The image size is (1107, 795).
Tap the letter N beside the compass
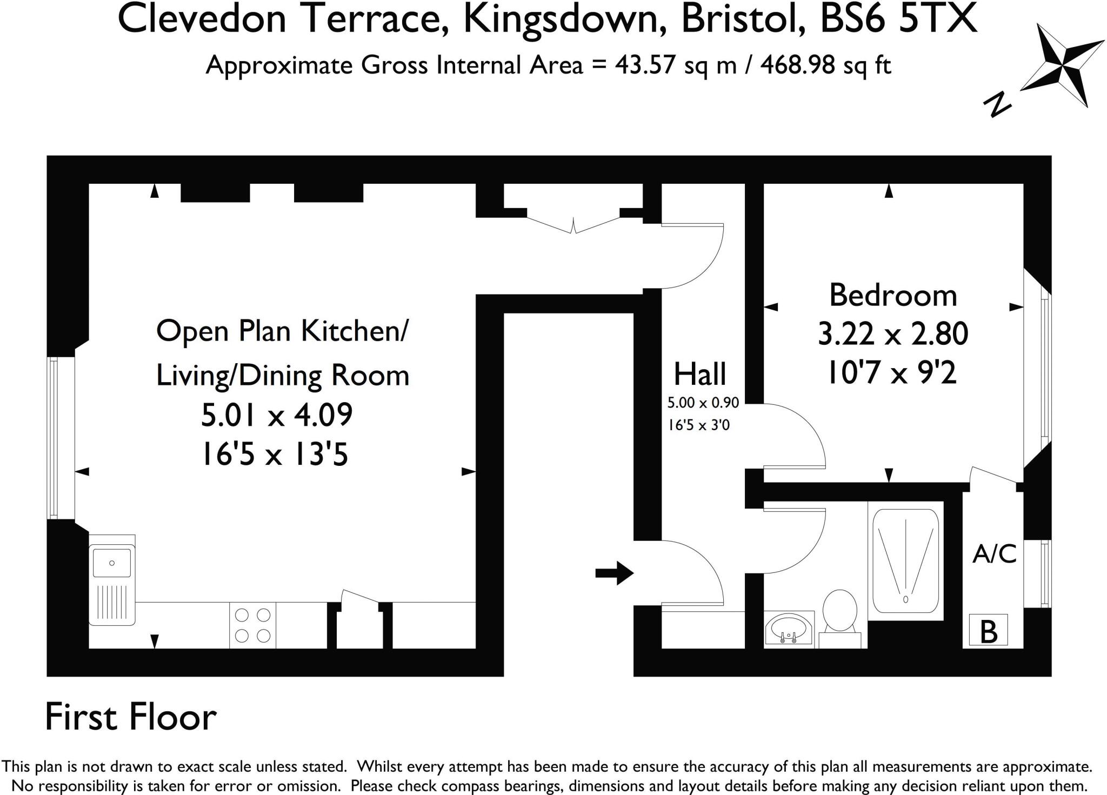click(x=997, y=105)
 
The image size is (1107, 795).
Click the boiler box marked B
click(x=988, y=630)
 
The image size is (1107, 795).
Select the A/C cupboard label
click(x=994, y=554)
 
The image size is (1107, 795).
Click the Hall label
click(x=699, y=374)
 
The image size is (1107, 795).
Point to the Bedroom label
click(x=893, y=296)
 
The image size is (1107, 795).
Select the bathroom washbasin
click(x=789, y=629)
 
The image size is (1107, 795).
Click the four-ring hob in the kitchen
click(x=252, y=625)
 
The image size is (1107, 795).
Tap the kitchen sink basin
click(x=111, y=563)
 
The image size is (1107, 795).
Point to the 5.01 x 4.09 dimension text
click(x=277, y=415)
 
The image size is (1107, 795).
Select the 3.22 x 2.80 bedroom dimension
click(x=893, y=333)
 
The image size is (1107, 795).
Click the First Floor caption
click(x=130, y=717)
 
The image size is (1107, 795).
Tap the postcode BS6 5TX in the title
click(x=898, y=19)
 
